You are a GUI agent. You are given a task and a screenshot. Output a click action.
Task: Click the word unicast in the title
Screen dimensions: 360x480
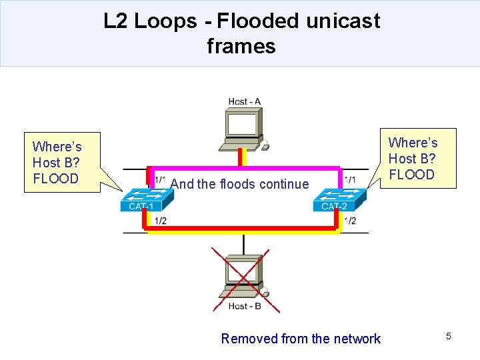(343, 21)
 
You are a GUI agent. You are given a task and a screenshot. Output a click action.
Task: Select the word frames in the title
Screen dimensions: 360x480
(241, 47)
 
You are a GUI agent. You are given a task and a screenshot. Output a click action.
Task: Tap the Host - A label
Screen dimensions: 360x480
(244, 102)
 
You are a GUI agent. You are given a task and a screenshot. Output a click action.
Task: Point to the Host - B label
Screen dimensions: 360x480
(245, 306)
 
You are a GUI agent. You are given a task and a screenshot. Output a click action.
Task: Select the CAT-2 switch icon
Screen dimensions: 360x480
(339, 199)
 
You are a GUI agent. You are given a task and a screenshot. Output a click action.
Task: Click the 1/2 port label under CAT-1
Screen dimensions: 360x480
(160, 221)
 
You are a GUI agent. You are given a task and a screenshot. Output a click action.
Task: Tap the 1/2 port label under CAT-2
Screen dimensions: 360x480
(349, 221)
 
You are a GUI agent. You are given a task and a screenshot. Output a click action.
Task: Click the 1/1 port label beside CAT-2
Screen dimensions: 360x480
(349, 180)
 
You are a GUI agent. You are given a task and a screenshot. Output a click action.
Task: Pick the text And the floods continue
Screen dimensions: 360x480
(239, 184)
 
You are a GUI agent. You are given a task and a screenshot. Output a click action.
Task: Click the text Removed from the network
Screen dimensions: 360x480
(301, 339)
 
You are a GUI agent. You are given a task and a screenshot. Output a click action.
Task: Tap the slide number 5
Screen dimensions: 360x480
(449, 336)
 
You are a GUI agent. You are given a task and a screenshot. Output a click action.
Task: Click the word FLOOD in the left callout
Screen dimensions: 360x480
(55, 179)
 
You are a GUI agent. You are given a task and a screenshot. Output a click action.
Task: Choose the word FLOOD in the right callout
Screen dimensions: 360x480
(411, 175)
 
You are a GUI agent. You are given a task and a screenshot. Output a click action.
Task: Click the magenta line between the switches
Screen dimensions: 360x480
(244, 168)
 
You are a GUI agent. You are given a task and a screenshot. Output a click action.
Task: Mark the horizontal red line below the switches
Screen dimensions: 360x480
(244, 228)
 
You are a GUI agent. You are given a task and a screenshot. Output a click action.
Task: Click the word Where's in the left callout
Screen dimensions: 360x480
(57, 147)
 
